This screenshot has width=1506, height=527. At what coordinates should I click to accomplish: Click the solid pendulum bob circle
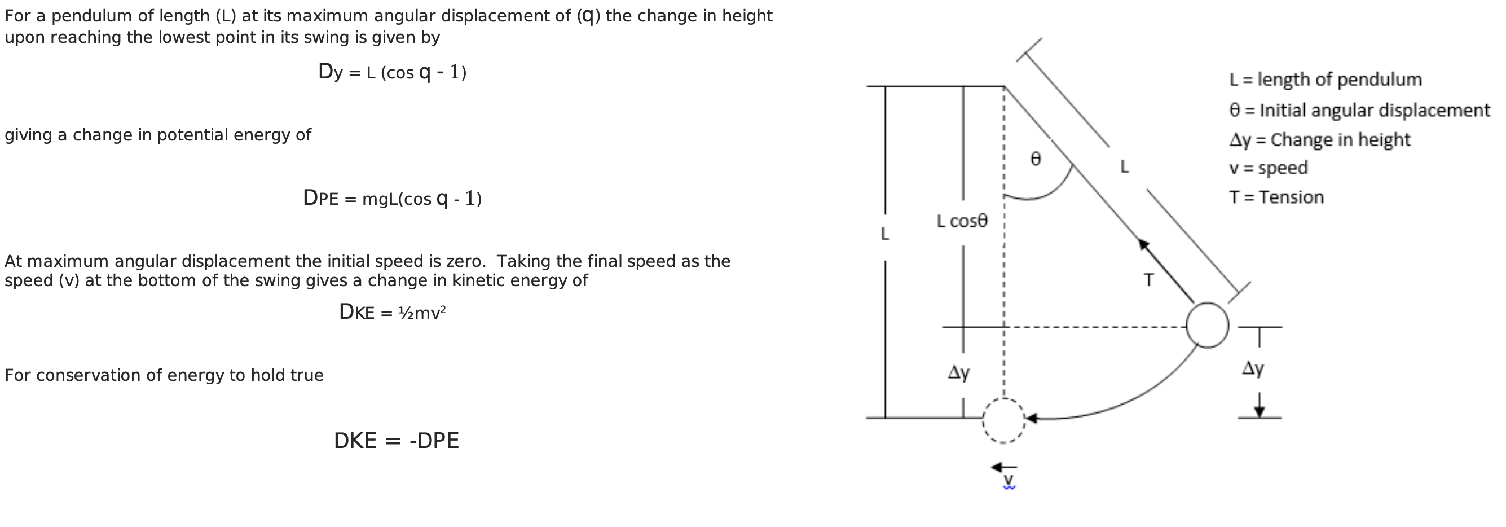click(x=1207, y=325)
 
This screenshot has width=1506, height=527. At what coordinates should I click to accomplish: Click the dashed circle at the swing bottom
click(x=1003, y=420)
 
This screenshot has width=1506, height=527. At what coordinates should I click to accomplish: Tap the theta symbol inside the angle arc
click(x=1036, y=159)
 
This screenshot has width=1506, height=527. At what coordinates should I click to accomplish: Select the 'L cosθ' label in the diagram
click(x=962, y=221)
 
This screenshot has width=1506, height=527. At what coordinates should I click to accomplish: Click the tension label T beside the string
click(x=1149, y=280)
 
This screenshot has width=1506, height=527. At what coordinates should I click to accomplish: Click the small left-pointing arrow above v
click(x=1004, y=467)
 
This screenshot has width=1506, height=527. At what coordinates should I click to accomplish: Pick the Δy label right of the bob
click(x=1252, y=368)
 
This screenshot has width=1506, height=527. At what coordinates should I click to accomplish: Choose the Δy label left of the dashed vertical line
click(x=958, y=372)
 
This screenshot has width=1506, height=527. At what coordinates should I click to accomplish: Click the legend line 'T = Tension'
click(x=1276, y=197)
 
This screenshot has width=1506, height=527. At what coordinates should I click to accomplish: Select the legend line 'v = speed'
click(x=1267, y=168)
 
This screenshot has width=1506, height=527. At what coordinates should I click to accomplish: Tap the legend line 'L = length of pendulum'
click(x=1325, y=80)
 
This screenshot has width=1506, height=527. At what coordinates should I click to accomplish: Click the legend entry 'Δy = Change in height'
click(x=1319, y=140)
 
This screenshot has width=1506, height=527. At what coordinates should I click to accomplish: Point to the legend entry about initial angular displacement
click(x=1359, y=110)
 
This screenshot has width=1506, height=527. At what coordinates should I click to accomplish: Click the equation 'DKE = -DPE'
click(x=397, y=441)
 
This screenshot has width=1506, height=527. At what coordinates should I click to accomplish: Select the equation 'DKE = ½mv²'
click(x=392, y=313)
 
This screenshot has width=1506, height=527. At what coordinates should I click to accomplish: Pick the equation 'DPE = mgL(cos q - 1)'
click(x=392, y=198)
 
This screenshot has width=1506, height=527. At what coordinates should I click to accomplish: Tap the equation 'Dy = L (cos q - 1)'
click(x=392, y=72)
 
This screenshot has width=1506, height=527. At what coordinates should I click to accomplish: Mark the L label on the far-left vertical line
click(x=884, y=234)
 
